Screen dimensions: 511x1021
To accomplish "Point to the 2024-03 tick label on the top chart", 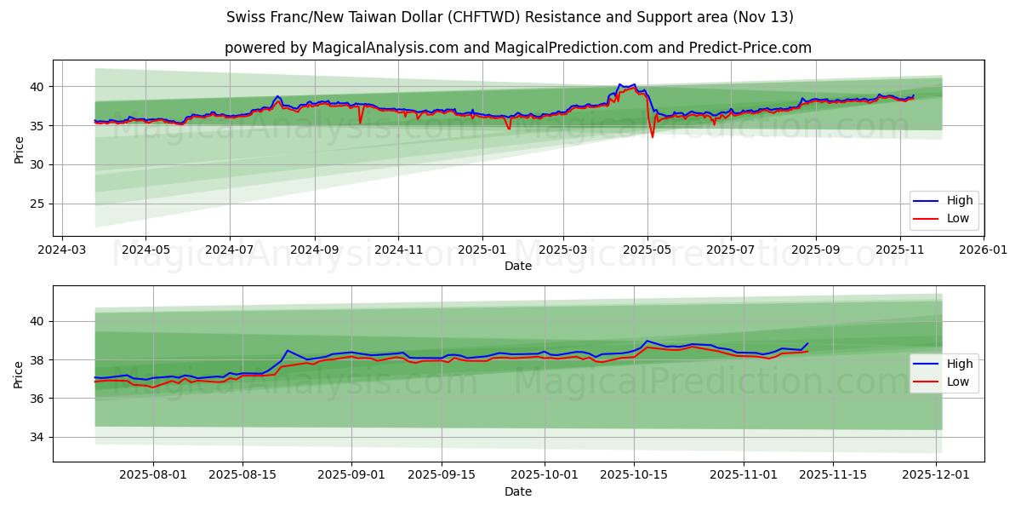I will pos(61,251).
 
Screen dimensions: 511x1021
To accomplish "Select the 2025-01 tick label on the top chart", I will pos(482,251).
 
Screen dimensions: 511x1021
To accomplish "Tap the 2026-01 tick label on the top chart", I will pos(984,251).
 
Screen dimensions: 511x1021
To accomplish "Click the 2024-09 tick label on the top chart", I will pos(314,251).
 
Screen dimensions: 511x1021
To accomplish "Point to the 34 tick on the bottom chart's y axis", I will pos(39,437).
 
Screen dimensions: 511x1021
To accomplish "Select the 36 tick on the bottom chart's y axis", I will pos(39,399).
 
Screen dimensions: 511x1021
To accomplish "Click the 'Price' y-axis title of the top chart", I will pos(19,150).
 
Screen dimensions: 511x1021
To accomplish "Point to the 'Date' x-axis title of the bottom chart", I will pos(517,491).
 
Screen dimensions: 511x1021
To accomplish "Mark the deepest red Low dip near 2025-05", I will pos(653,137).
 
